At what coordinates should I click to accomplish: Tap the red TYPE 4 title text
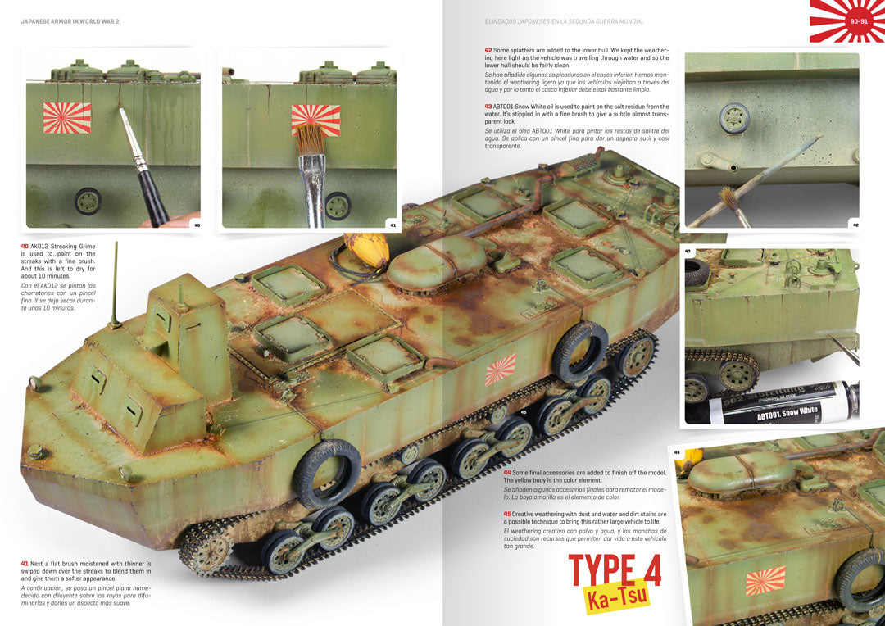click(x=615, y=571)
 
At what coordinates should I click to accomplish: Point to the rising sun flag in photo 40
click(x=67, y=117)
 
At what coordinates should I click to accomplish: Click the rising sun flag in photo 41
click(x=315, y=119)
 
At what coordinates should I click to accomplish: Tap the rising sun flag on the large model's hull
click(x=500, y=370)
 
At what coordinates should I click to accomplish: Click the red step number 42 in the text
click(x=488, y=49)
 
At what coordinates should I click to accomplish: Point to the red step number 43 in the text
click(x=488, y=107)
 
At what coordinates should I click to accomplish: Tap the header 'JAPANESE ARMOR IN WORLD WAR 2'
click(x=70, y=20)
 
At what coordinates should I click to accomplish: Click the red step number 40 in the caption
click(x=25, y=247)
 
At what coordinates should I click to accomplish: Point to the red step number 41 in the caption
click(x=25, y=564)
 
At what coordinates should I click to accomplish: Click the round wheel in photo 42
click(x=734, y=118)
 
